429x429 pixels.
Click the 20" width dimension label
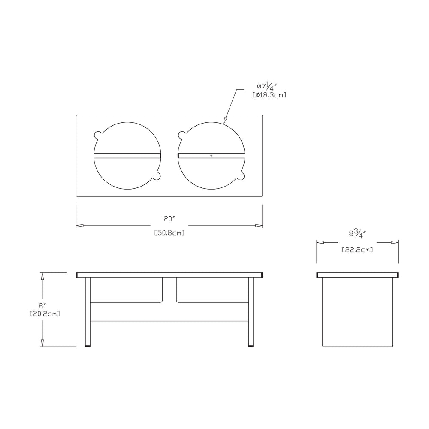[x=169, y=219]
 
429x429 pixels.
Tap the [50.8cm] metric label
[x=169, y=233]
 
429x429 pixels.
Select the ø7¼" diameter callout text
[x=267, y=87]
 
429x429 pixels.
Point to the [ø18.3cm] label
[x=269, y=95]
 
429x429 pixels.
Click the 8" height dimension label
[x=42, y=305]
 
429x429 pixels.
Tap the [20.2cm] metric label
[x=45, y=314]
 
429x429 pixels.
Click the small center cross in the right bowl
[x=211, y=156]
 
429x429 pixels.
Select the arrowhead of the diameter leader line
[x=225, y=121]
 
